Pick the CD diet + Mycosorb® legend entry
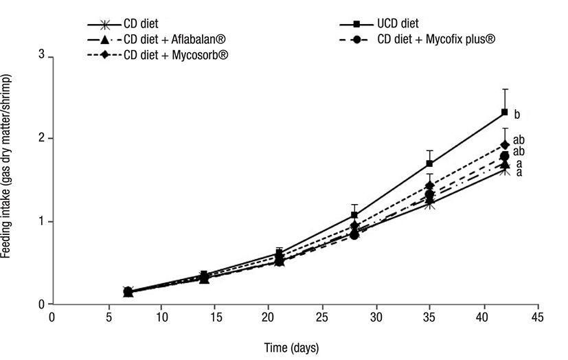(x=172, y=54)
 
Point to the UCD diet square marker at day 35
(x=430, y=164)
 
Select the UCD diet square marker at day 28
(x=354, y=215)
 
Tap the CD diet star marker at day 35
(x=430, y=204)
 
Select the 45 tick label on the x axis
(x=538, y=318)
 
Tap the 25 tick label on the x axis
(x=321, y=318)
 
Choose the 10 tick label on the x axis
(x=159, y=318)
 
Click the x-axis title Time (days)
(x=292, y=347)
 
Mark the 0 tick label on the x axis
(x=52, y=318)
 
